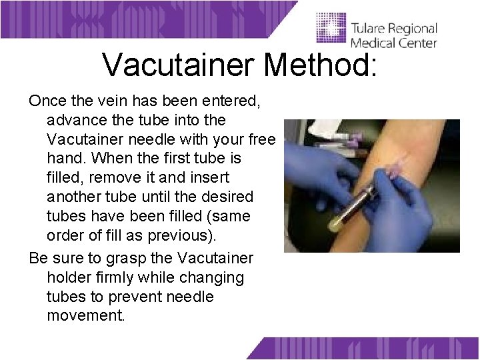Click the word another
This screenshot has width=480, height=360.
click(x=77, y=197)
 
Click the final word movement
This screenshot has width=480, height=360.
click(x=85, y=316)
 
